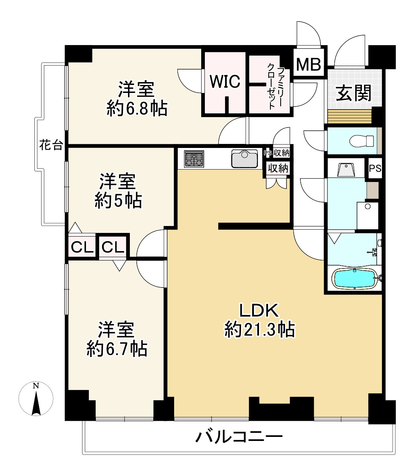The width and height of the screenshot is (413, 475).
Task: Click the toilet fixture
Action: (x=361, y=141)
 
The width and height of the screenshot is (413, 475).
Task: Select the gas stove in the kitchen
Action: (x=194, y=159)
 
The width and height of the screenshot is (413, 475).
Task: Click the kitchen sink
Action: (x=244, y=158)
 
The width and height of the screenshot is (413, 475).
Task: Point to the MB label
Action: (x=308, y=65)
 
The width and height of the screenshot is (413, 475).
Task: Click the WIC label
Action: (x=225, y=81)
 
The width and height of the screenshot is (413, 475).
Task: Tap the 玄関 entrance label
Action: (x=353, y=93)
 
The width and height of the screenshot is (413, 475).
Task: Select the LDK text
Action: (x=259, y=311)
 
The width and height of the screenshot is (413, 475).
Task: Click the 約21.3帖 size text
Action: (x=259, y=329)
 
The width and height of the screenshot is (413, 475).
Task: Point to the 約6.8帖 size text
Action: (x=137, y=109)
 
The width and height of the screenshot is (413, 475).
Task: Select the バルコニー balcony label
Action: (x=239, y=437)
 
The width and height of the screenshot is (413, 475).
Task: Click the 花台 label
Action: (x=51, y=146)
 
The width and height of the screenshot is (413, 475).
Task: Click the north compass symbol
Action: (x=36, y=399)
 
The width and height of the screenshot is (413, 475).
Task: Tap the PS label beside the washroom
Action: (x=375, y=168)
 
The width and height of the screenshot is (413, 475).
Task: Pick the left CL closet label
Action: (x=82, y=248)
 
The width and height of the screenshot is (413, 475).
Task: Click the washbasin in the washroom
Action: (x=345, y=169)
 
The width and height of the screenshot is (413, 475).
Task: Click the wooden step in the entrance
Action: (x=350, y=116)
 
